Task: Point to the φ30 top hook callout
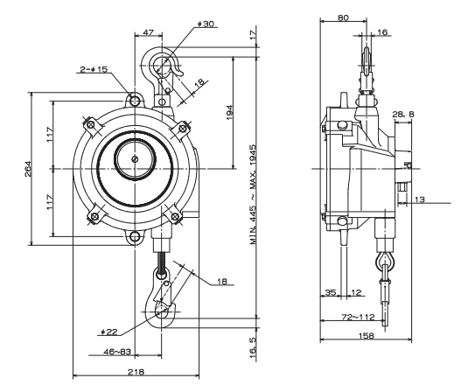(x=208, y=24)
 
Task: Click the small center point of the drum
(x=135, y=159)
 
